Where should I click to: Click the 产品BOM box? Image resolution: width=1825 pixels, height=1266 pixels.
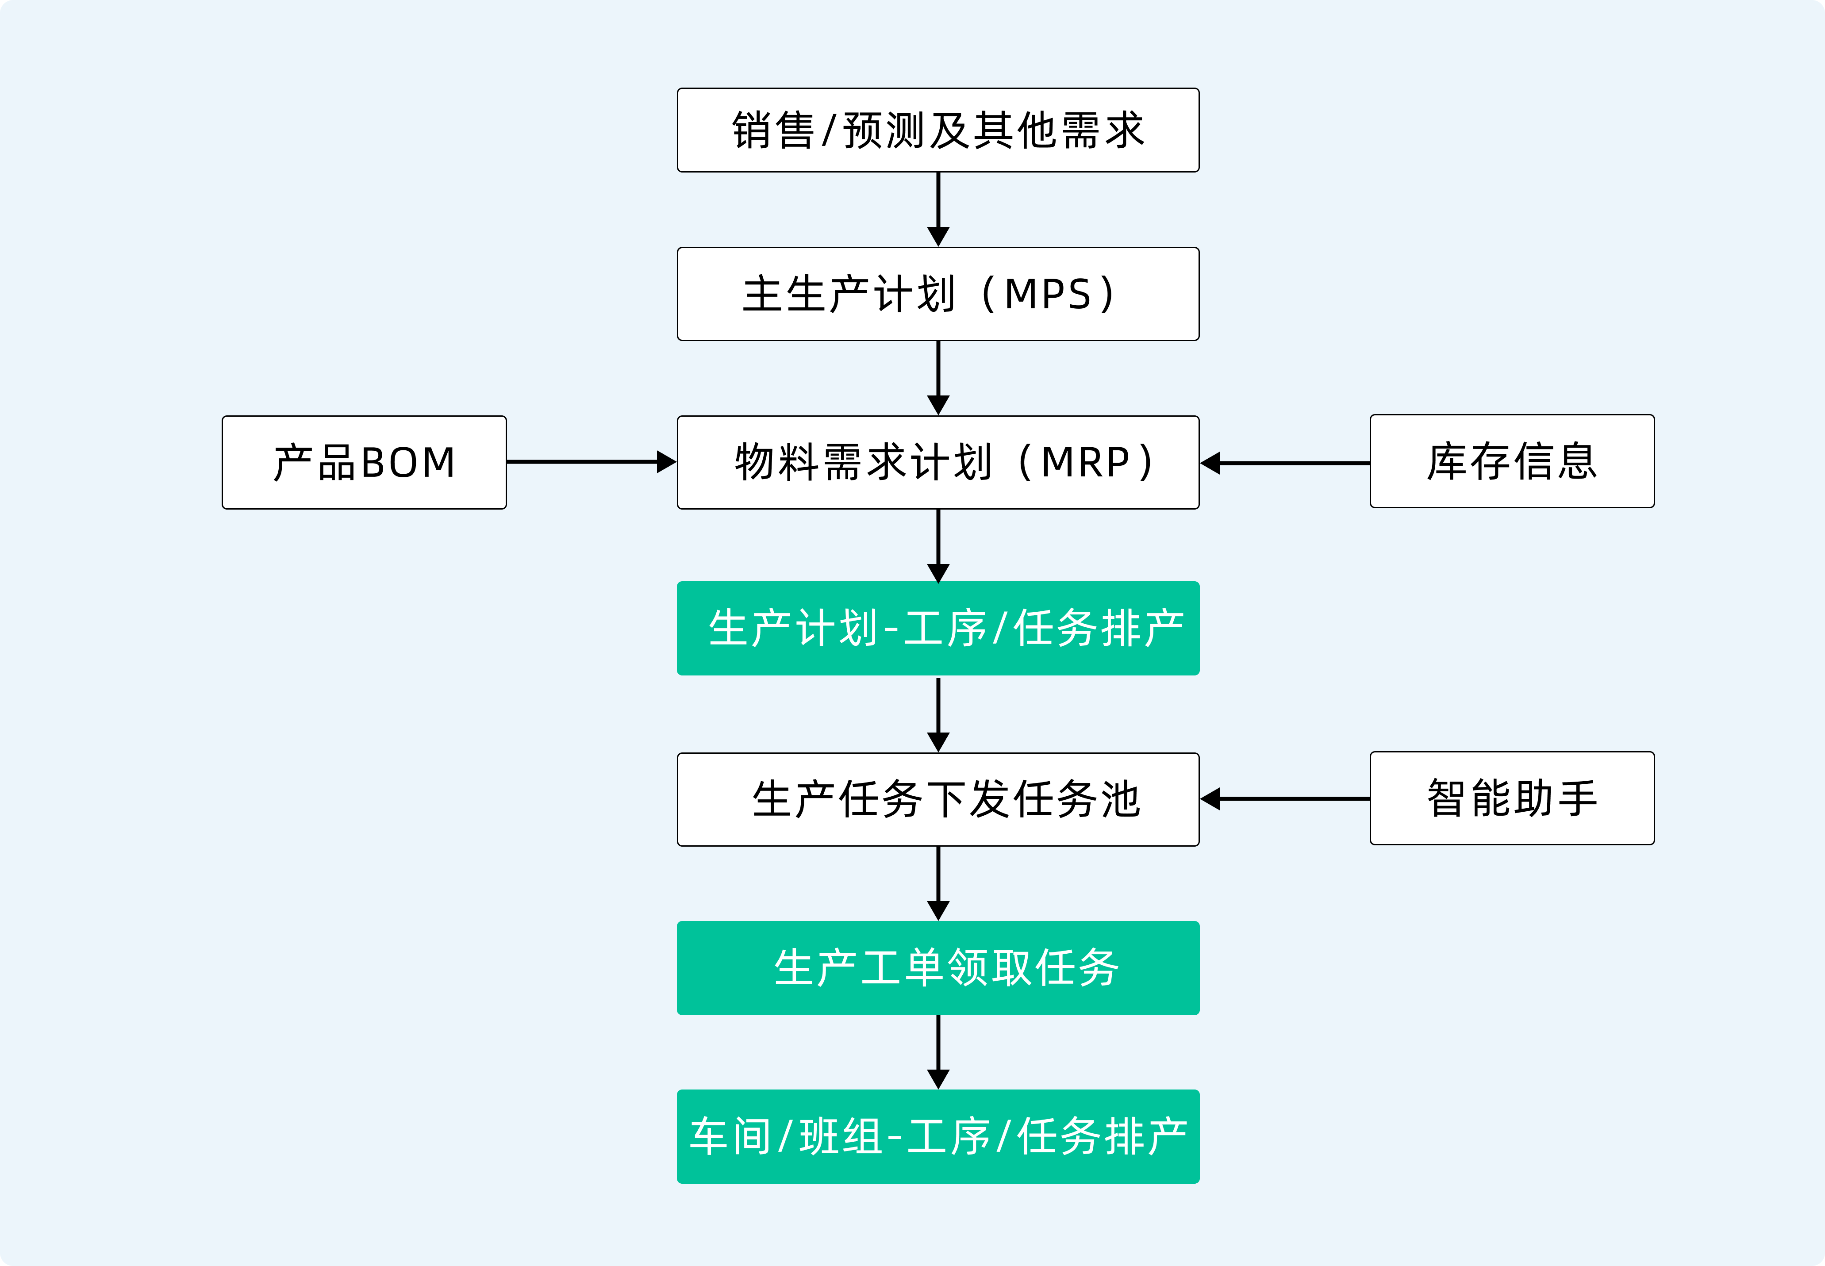(x=364, y=462)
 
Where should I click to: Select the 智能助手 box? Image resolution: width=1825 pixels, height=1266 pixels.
(x=1512, y=798)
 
